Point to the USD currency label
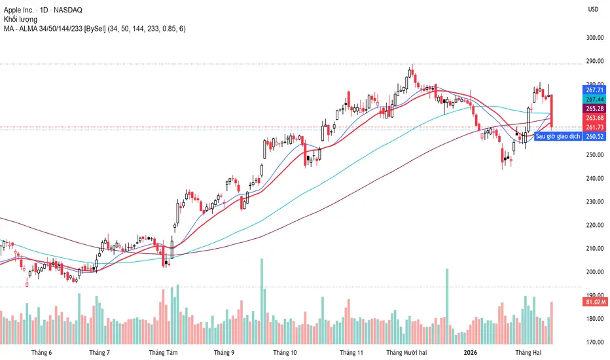[593, 10]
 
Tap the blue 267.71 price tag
[594, 90]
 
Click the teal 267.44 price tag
[594, 99]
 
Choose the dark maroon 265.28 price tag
[594, 108]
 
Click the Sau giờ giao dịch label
[557, 136]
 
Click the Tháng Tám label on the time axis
[162, 353]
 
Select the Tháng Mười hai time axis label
[408, 353]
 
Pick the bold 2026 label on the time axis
[469, 353]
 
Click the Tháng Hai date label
[528, 353]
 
